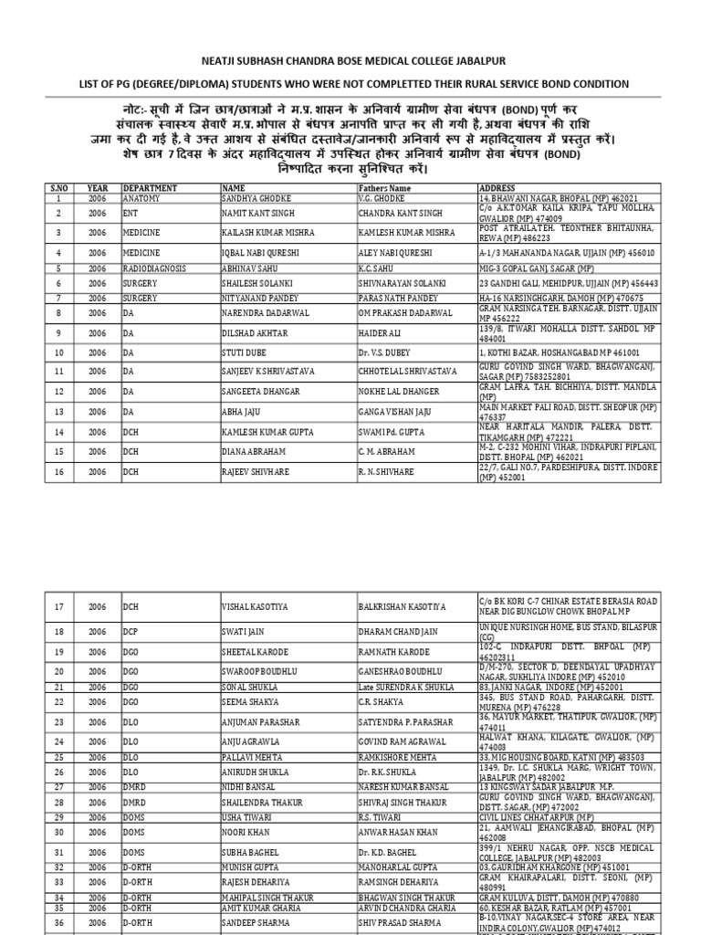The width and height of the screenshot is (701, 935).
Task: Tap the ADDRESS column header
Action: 498,187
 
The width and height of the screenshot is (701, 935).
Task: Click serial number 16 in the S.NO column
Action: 58,471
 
